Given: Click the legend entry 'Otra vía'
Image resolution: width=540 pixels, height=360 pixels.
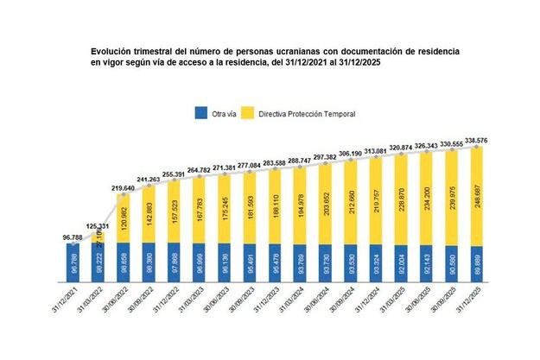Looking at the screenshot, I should click(x=215, y=113).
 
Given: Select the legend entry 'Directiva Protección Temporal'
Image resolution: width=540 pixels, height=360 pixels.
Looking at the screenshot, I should click(x=302, y=113).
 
